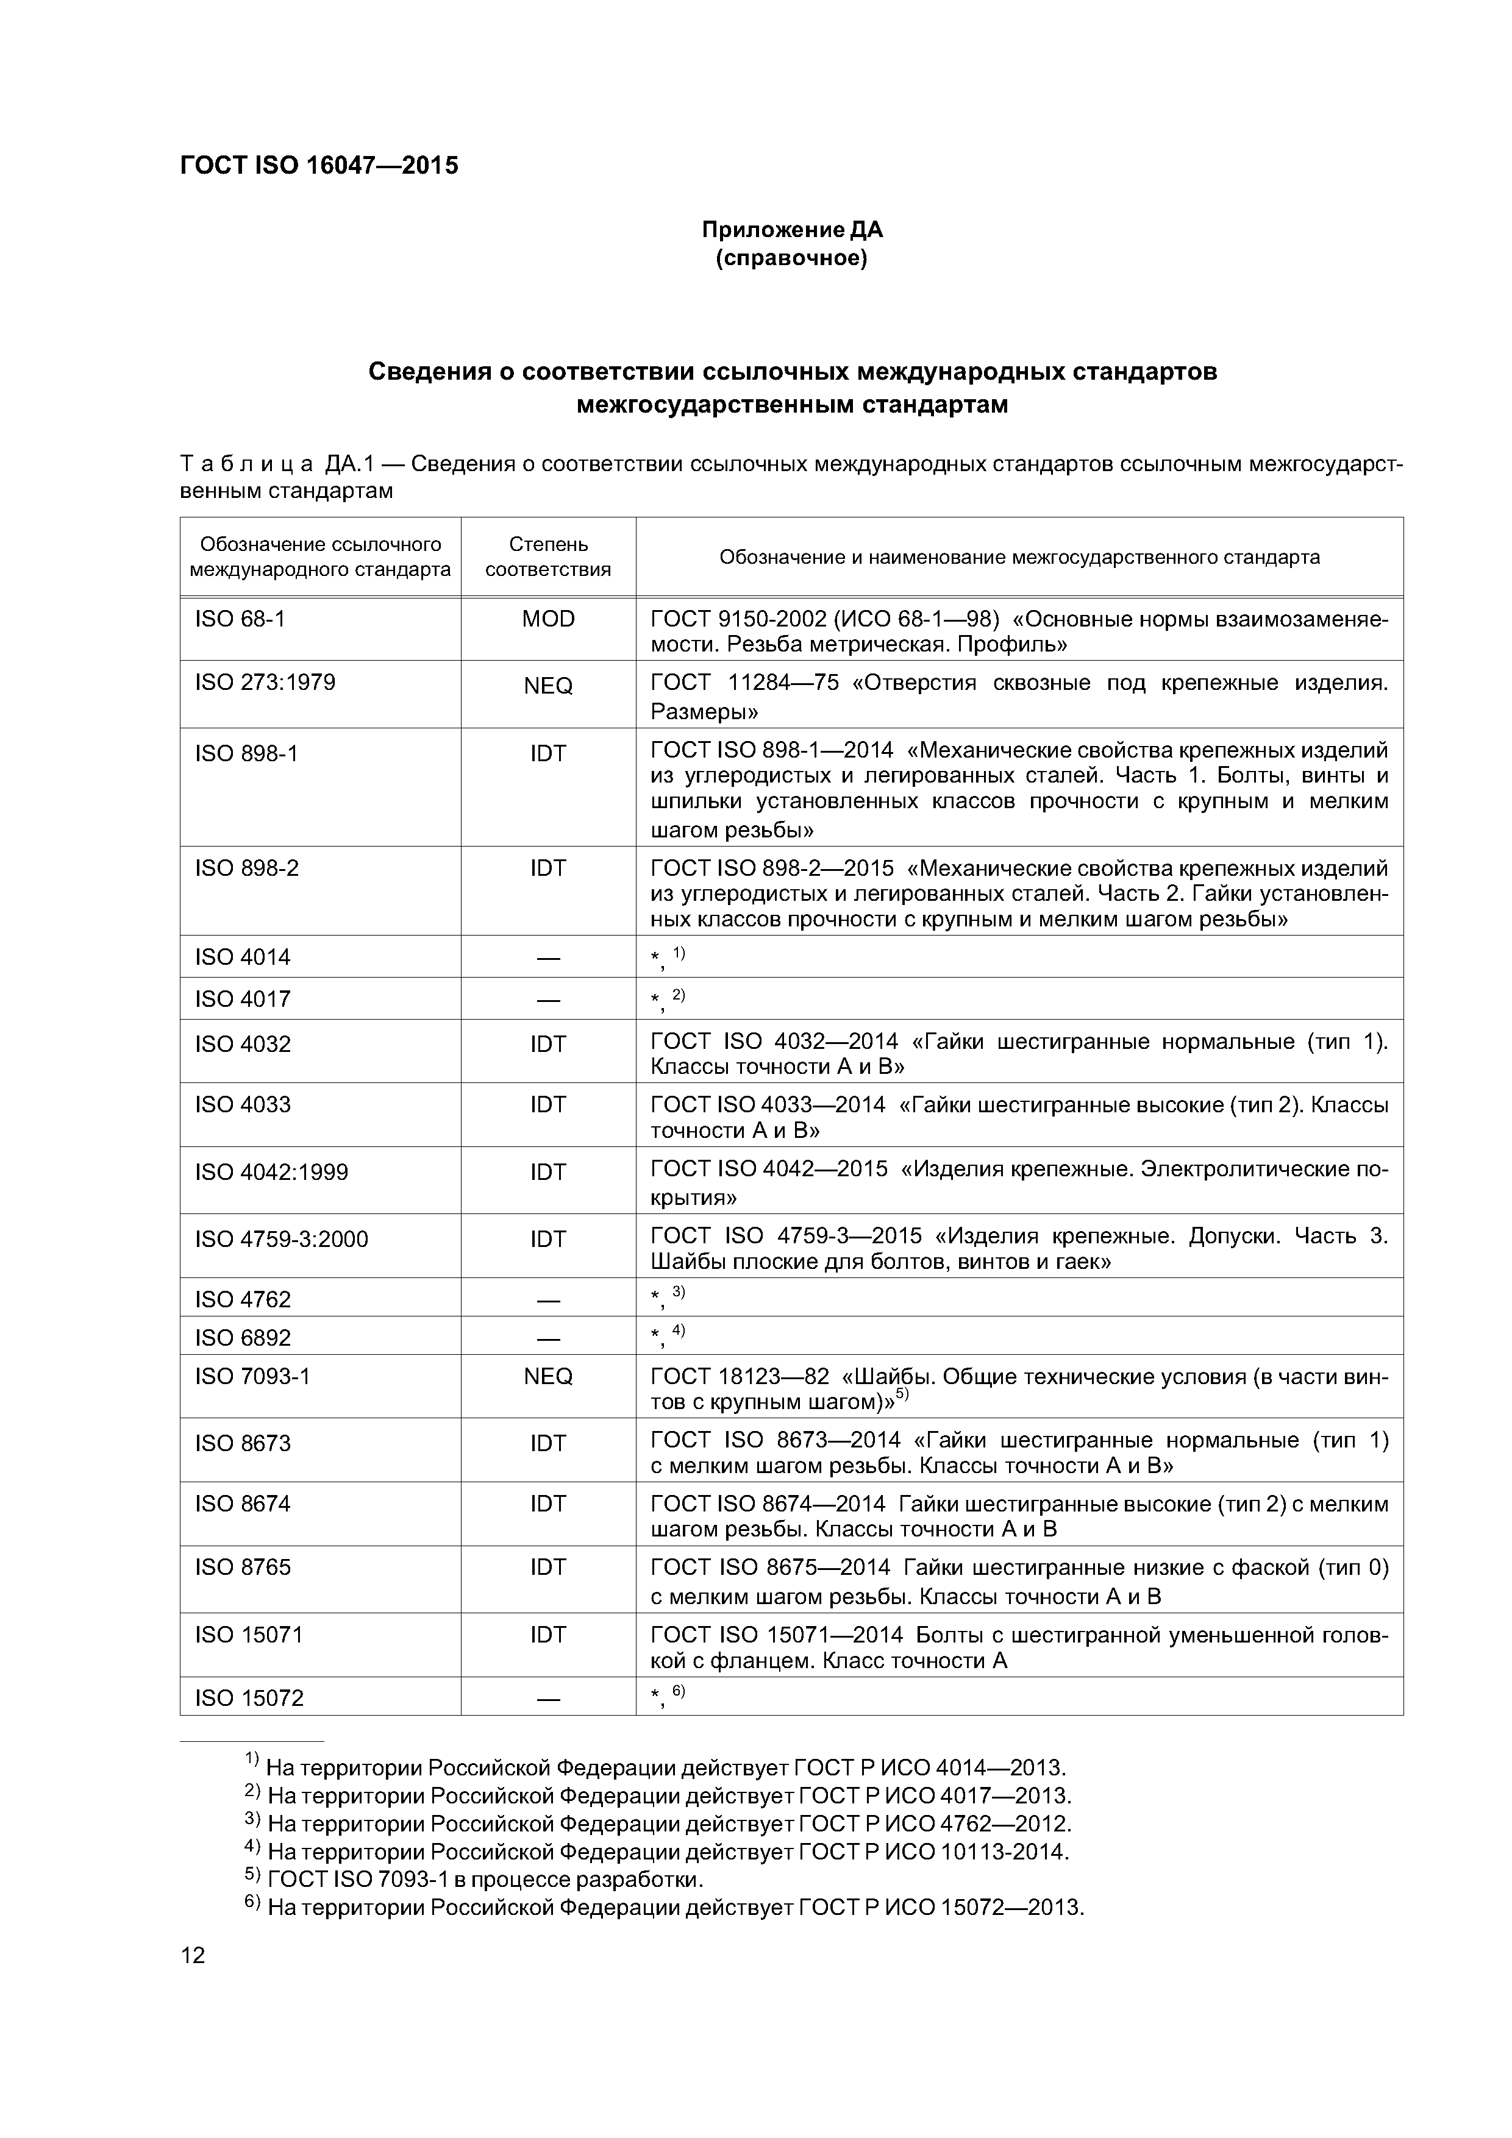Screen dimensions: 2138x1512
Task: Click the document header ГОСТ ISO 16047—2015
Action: [x=319, y=166]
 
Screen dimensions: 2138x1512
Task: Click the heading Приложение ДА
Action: [x=792, y=229]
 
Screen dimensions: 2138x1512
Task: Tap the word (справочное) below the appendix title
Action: [x=792, y=258]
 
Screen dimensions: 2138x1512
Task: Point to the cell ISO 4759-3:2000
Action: [x=281, y=1240]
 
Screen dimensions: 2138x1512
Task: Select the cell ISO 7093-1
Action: [x=252, y=1376]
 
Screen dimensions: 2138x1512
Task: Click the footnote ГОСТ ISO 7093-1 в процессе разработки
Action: [x=485, y=1879]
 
